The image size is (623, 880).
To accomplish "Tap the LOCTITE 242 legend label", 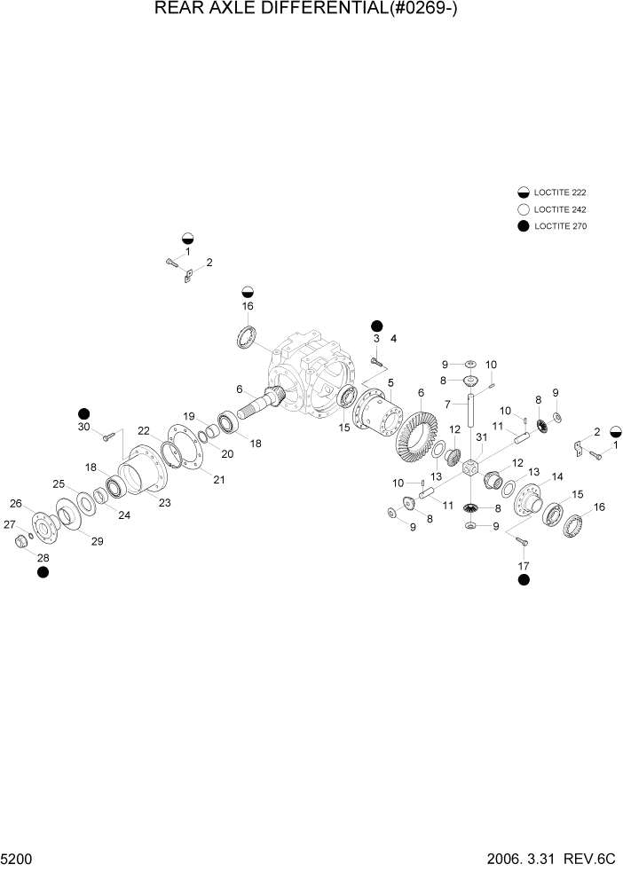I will [559, 209].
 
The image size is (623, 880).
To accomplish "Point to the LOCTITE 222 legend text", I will [559, 192].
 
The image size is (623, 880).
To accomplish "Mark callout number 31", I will [481, 437].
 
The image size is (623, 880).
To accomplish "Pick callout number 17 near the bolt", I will [524, 564].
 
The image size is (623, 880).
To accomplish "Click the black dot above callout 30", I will [84, 413].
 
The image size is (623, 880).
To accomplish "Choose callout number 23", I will [164, 502].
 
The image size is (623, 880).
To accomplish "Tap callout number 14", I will [556, 477].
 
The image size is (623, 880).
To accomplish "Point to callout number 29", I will [96, 541].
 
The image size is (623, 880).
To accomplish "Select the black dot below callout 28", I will [43, 572].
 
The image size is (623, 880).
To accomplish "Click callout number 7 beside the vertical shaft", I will [450, 404].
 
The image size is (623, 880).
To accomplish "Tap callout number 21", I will [218, 480].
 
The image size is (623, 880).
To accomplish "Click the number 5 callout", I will [390, 382].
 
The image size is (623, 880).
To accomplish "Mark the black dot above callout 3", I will [376, 326].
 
